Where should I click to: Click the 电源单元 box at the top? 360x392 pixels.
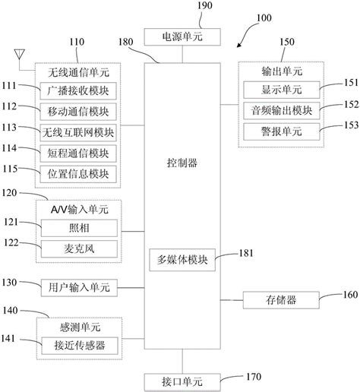point(182,36)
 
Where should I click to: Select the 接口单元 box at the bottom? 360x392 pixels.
point(182,378)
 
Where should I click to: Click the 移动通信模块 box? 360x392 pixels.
point(79,112)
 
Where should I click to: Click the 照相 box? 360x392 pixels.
point(79,227)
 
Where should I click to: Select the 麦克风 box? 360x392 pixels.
point(79,248)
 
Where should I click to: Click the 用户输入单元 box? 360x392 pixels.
point(79,288)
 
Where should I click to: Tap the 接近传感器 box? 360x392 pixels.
point(79,346)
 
